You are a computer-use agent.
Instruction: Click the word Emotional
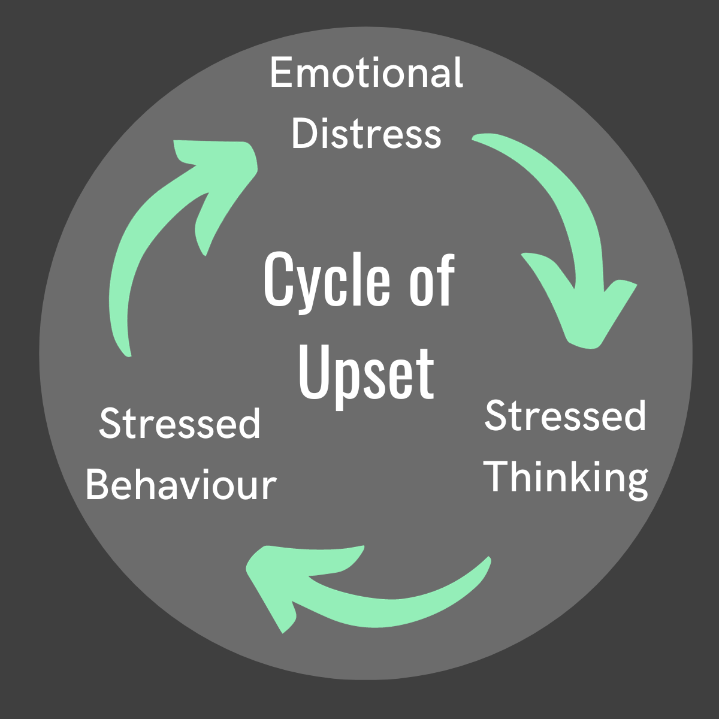point(366,73)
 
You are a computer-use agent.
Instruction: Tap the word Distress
point(366,134)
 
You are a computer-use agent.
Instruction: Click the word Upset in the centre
point(366,373)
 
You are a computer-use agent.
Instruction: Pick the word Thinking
point(566,477)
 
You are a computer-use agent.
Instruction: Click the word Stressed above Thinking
point(565,416)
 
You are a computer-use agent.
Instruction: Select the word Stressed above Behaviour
point(180,424)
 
